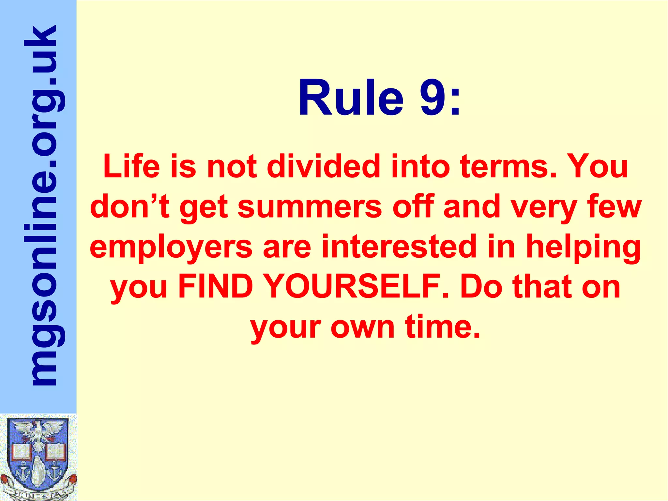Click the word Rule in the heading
[x=351, y=98]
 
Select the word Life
[x=132, y=166]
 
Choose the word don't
[x=130, y=207]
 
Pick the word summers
[x=310, y=207]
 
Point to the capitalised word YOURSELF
[x=354, y=287]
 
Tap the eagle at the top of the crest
[x=38, y=431]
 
